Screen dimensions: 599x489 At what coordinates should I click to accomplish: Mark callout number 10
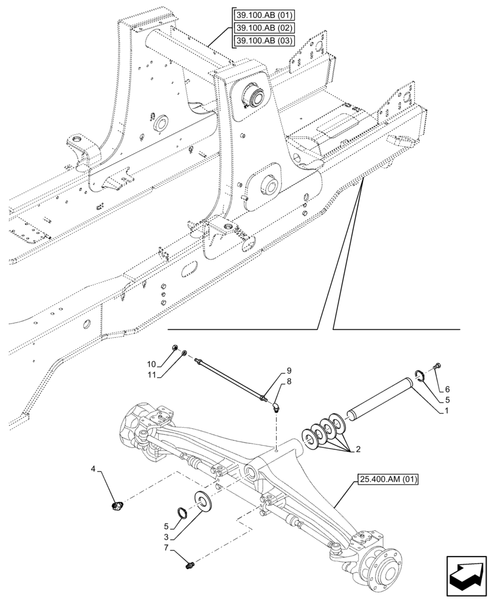point(152,365)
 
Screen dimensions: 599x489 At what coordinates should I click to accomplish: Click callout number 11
point(152,375)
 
